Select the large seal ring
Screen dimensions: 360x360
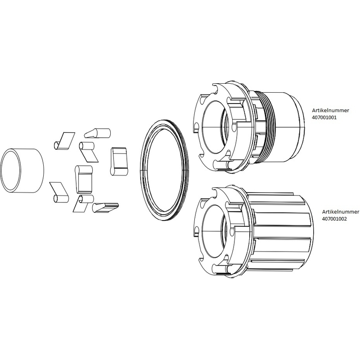(144, 170)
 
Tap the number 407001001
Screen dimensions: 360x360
(324, 117)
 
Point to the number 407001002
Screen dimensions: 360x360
(334, 219)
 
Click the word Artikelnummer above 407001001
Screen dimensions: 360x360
(330, 110)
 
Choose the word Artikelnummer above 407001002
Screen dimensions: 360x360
(341, 211)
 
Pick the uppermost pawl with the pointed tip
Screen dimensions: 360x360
(98, 133)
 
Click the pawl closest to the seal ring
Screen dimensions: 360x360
(118, 161)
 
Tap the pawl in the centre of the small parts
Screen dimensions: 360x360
(84, 179)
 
